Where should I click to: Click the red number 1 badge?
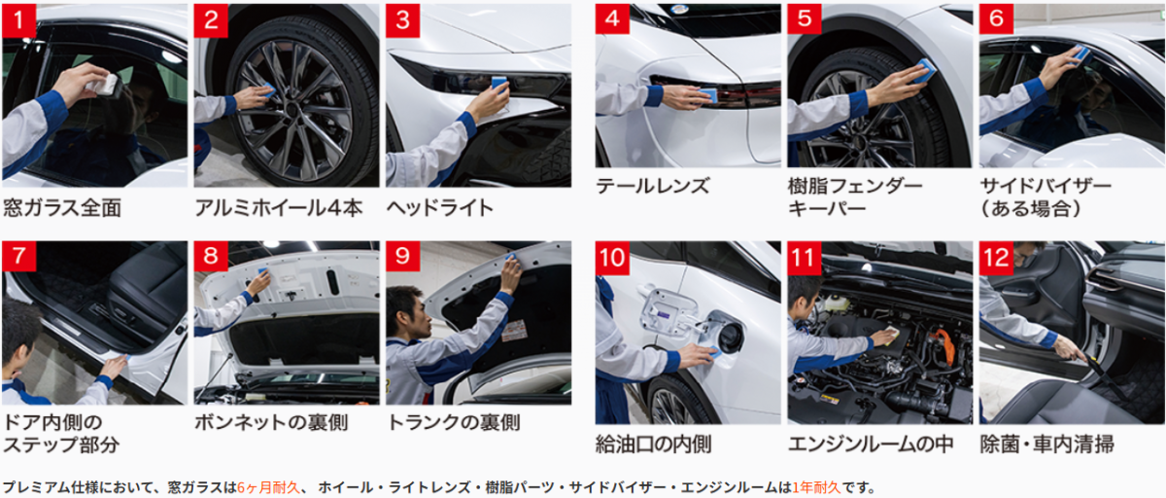18,20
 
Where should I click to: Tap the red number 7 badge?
18,256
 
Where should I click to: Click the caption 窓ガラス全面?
62,208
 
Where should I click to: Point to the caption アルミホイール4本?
279,208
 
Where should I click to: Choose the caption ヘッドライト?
440,208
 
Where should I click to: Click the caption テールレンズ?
652,186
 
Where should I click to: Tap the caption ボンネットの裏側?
271,422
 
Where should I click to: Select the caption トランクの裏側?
454,422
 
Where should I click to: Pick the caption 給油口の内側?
653,445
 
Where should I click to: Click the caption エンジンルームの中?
871,445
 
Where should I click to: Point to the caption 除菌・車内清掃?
1046,445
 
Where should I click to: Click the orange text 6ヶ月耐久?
268,487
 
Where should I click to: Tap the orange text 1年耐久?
816,487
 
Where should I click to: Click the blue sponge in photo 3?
499,83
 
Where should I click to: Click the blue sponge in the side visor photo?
1080,53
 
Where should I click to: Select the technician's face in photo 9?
418,317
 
